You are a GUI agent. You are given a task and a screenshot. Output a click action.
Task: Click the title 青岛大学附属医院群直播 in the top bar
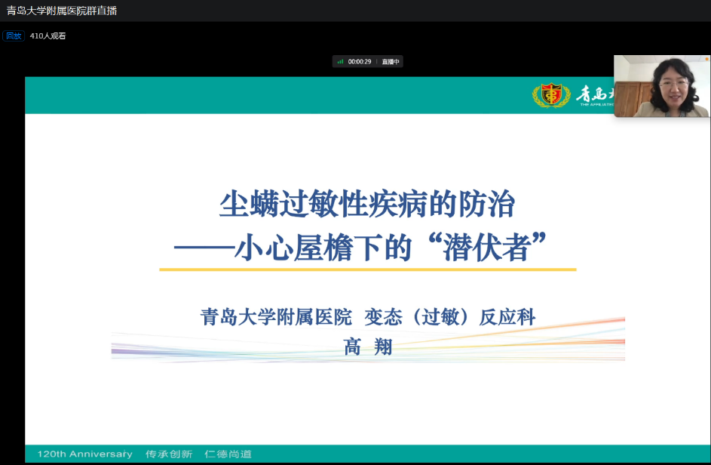coord(62,11)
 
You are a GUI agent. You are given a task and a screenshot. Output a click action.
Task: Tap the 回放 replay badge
coord(14,35)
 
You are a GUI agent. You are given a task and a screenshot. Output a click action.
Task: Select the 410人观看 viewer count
coord(48,35)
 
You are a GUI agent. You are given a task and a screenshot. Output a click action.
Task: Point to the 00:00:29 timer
coord(360,62)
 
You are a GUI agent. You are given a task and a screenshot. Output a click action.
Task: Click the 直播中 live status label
coord(391,62)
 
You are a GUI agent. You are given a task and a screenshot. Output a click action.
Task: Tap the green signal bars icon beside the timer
coord(341,62)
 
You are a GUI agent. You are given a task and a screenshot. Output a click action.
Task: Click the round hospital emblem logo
coord(552,95)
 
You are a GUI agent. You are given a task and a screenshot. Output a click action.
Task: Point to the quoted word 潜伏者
coord(486,248)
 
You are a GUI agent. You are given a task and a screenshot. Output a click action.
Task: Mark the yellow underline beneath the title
coord(367,269)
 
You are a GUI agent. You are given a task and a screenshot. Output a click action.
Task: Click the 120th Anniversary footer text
coord(84,454)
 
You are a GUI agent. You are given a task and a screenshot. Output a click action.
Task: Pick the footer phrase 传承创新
coord(169,454)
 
